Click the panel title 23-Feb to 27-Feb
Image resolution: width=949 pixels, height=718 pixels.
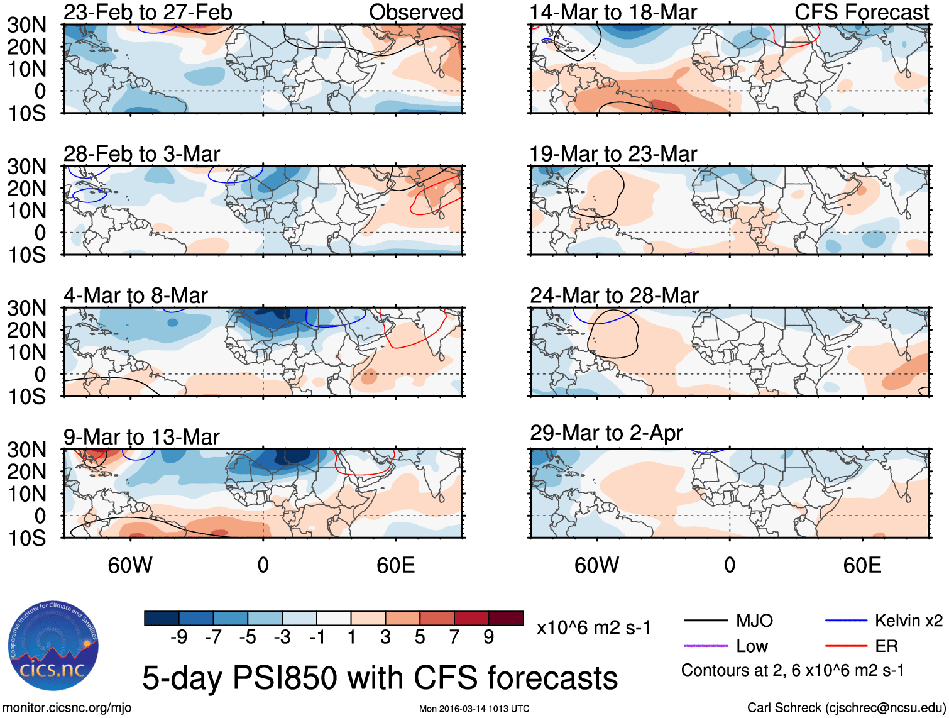pyautogui.click(x=148, y=12)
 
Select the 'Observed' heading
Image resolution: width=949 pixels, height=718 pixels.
pyautogui.click(x=415, y=12)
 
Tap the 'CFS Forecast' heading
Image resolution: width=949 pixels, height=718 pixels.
pyautogui.click(x=861, y=12)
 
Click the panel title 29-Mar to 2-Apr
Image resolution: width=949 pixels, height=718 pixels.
pyautogui.click(x=606, y=433)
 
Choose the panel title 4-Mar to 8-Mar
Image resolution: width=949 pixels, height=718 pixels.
pyautogui.click(x=135, y=295)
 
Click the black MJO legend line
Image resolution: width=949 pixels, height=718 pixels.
pyautogui.click(x=705, y=621)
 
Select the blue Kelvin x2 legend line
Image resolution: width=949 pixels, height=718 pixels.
pyautogui.click(x=846, y=621)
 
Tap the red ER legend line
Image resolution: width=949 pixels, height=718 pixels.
pyautogui.click(x=846, y=646)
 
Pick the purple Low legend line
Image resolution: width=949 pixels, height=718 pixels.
pyautogui.click(x=705, y=646)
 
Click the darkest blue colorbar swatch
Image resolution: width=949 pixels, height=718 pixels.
pyautogui.click(x=162, y=618)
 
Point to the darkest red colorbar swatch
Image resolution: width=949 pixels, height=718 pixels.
pyautogui.click(x=506, y=618)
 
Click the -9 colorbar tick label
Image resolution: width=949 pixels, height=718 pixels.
pyautogui.click(x=178, y=637)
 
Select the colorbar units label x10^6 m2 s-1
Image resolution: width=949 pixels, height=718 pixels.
pyautogui.click(x=593, y=627)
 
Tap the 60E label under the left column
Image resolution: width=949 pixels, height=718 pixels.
pyautogui.click(x=395, y=565)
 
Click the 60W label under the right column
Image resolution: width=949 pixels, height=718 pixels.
pyautogui.click(x=596, y=565)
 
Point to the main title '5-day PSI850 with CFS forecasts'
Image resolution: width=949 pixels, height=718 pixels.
pyautogui.click(x=380, y=678)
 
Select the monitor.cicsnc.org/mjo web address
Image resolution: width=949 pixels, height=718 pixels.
pyautogui.click(x=67, y=708)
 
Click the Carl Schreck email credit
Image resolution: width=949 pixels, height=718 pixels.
pyautogui.click(x=846, y=708)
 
